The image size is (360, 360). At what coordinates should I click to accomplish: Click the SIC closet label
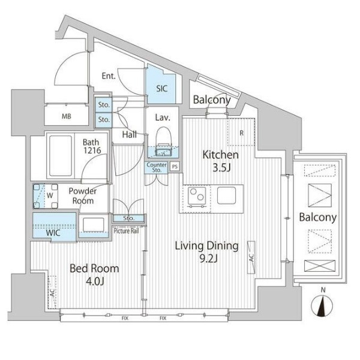click(x=161, y=89)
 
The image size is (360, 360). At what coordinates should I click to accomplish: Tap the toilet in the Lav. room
click(x=163, y=142)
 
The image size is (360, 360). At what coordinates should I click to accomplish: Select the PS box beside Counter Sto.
click(x=175, y=166)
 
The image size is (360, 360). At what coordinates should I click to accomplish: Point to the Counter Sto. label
click(x=157, y=167)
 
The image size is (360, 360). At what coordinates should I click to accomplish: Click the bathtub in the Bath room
click(x=61, y=155)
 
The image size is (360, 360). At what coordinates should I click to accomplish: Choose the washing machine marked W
click(x=46, y=196)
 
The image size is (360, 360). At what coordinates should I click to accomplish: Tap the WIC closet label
click(x=53, y=233)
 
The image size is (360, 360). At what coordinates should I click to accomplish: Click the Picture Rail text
click(x=126, y=231)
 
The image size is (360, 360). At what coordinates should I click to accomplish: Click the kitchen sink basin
click(x=226, y=196)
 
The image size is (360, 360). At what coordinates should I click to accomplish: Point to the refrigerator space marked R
click(x=241, y=132)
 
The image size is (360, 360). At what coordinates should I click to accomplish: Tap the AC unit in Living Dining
click(x=251, y=257)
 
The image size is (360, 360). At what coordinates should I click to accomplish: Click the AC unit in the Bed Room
click(x=52, y=292)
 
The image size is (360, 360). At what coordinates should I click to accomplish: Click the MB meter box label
click(x=67, y=116)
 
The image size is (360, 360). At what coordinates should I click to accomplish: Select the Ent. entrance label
click(x=109, y=76)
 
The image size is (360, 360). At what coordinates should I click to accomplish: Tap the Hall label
click(x=129, y=134)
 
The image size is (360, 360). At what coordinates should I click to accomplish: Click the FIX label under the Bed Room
click(x=125, y=318)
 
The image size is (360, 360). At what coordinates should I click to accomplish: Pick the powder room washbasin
click(x=93, y=225)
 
